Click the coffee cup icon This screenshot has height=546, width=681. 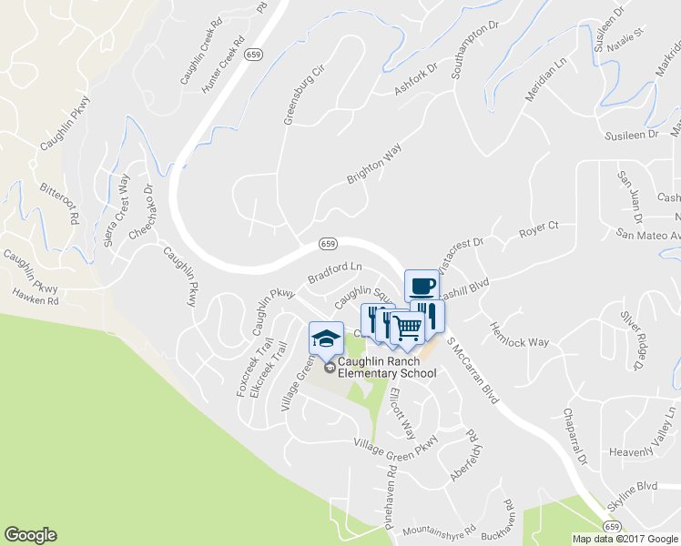pos(421,286)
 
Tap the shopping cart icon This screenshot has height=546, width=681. pos(409,326)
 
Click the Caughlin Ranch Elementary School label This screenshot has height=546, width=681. pos(387,367)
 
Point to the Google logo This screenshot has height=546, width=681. pos(30,535)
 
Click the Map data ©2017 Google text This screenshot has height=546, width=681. pos(625,539)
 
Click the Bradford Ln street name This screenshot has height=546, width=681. pos(335,273)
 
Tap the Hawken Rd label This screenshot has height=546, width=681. pos(35,297)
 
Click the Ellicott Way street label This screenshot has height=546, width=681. pos(401,415)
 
